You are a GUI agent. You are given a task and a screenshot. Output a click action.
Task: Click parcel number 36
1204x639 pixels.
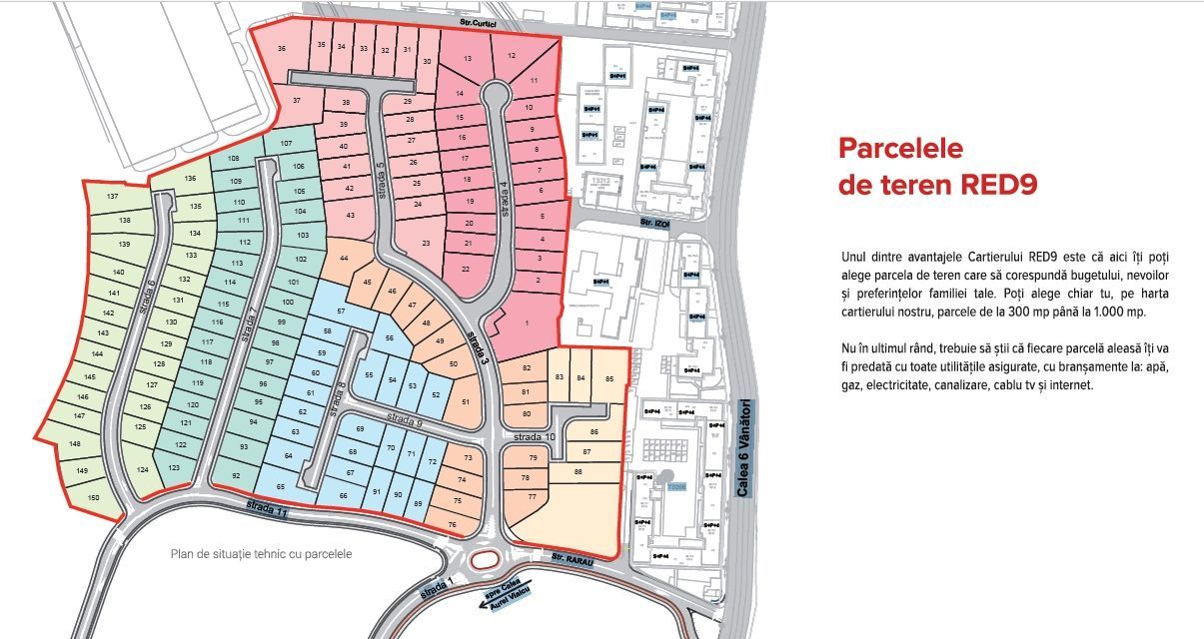[x=282, y=49]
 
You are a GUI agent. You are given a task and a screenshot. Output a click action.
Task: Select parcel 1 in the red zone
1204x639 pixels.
[x=527, y=322]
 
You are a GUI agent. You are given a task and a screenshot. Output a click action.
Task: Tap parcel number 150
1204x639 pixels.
[x=94, y=496]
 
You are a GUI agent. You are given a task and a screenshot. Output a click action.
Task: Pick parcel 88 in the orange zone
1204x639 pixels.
[x=578, y=471]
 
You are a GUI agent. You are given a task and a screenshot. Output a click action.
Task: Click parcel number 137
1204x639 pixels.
[x=113, y=197]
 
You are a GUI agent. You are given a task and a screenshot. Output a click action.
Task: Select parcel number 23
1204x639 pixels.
[x=426, y=243]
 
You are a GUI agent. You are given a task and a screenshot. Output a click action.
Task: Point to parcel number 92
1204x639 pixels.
[x=236, y=476]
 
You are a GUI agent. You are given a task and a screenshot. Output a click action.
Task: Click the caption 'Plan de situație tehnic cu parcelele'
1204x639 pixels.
[x=261, y=553]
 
